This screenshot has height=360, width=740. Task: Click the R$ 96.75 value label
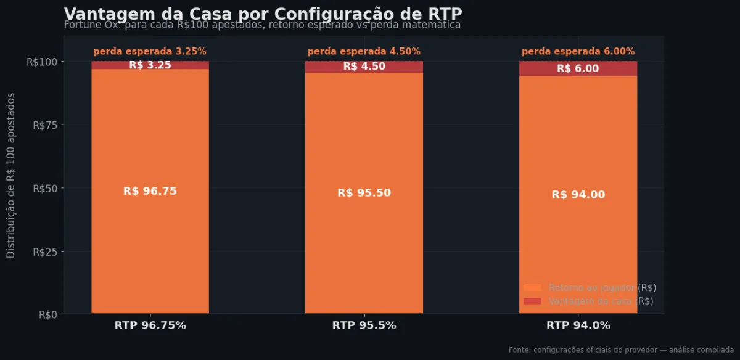click(150, 191)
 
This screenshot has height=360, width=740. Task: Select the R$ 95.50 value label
click(364, 193)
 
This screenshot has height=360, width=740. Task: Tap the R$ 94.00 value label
click(578, 195)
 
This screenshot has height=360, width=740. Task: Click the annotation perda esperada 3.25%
click(150, 52)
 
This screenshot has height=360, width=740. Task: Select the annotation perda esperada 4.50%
click(364, 52)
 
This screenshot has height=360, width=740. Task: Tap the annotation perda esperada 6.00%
click(578, 52)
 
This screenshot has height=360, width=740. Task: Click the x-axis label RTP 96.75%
click(150, 325)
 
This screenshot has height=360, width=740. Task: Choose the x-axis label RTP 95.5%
click(364, 325)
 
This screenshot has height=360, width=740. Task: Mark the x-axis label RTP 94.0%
click(578, 325)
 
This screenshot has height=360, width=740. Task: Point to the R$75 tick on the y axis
click(44, 125)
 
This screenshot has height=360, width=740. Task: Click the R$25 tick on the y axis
click(44, 252)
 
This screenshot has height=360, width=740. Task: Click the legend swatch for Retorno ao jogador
click(532, 288)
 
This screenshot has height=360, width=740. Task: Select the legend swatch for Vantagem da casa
click(532, 301)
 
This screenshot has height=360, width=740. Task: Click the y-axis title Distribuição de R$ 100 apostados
click(11, 176)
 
